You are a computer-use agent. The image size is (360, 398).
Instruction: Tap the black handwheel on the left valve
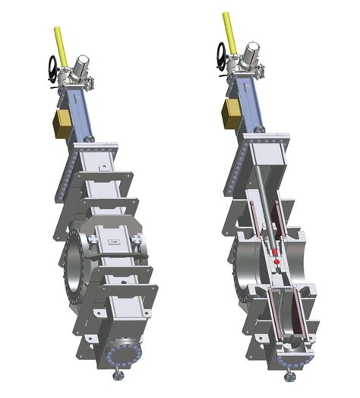click(53, 69)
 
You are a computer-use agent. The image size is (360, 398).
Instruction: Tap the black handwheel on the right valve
click(222, 54)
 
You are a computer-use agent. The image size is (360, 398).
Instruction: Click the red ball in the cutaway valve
click(276, 262)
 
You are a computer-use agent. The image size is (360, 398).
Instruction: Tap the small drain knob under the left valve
click(118, 376)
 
